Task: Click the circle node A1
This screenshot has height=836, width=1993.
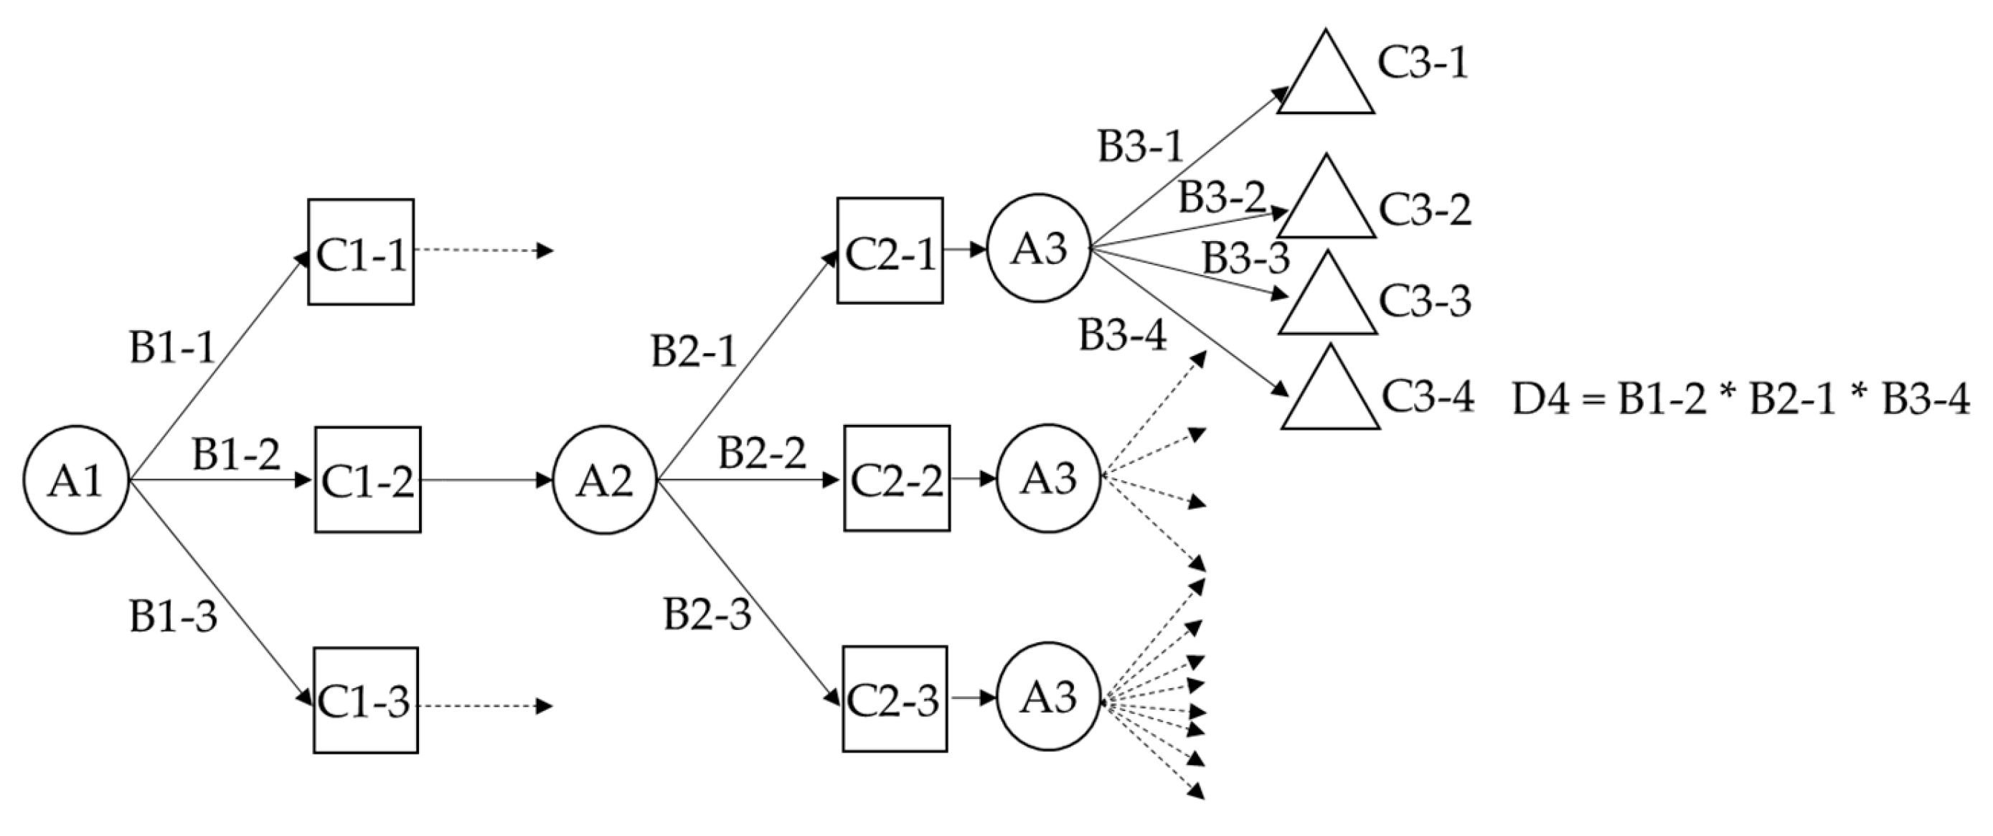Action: coord(76,480)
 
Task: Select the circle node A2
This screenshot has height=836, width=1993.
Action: coord(605,480)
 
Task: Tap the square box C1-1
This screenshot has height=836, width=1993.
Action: coord(361,253)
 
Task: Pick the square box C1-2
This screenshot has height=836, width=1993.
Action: coord(367,480)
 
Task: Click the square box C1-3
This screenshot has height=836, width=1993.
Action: coord(365,700)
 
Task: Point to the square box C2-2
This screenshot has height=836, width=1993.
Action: coord(897,479)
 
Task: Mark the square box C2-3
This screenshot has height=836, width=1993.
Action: coord(895,699)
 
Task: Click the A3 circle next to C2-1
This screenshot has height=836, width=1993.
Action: coord(1039,248)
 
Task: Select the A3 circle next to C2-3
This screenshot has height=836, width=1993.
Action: coord(1048,696)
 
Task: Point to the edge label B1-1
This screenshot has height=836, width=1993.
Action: coord(171,348)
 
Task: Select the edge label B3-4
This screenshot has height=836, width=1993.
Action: coord(1123,336)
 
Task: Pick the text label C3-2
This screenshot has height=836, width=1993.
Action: coord(1424,210)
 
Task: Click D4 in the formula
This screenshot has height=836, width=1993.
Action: coord(1540,401)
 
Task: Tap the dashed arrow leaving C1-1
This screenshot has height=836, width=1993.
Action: coord(484,250)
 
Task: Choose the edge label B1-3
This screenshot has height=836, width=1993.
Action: coord(172,618)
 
